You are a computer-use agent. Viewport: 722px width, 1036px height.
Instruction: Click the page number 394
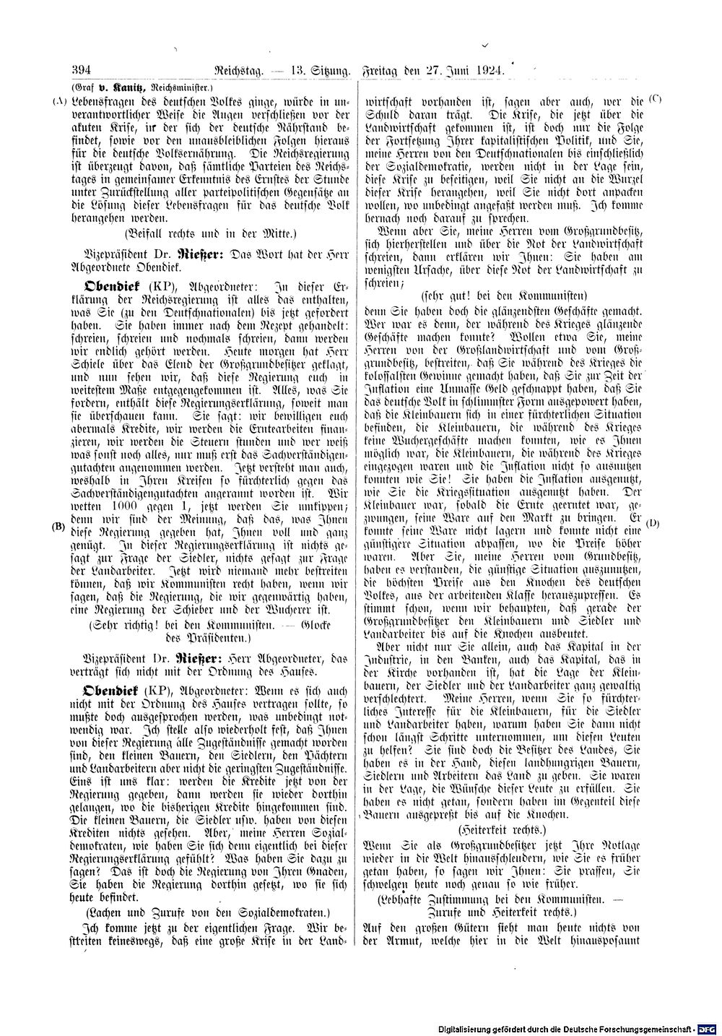point(79,71)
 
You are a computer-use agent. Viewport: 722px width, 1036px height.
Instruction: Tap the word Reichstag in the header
point(241,71)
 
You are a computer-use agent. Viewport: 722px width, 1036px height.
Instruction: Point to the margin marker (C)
point(655,97)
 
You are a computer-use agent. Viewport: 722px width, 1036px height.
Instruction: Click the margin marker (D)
point(653,522)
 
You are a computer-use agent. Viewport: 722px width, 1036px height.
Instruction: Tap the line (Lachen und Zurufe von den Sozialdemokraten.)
point(208,912)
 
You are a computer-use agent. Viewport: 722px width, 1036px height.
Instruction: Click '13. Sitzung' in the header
point(318,71)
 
